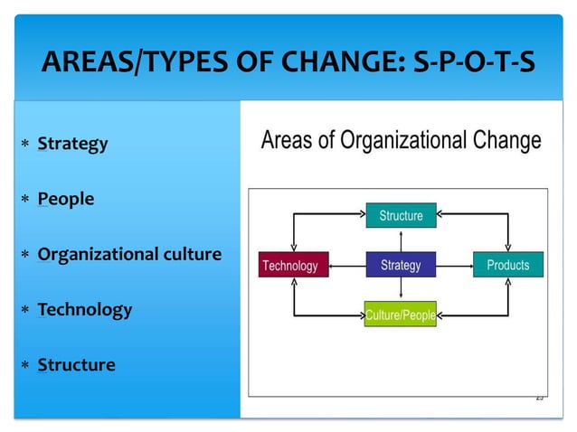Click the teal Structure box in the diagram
click(401, 215)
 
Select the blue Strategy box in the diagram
click(401, 265)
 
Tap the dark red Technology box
click(290, 265)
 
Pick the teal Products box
click(507, 265)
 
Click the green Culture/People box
click(401, 315)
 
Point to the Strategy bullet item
click(72, 144)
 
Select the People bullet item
click(65, 199)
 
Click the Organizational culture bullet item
click(129, 254)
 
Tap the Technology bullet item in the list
click(85, 309)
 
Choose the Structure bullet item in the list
click(76, 365)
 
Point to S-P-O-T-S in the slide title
click(472, 64)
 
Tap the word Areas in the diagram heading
click(289, 141)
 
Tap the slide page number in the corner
click(539, 397)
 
